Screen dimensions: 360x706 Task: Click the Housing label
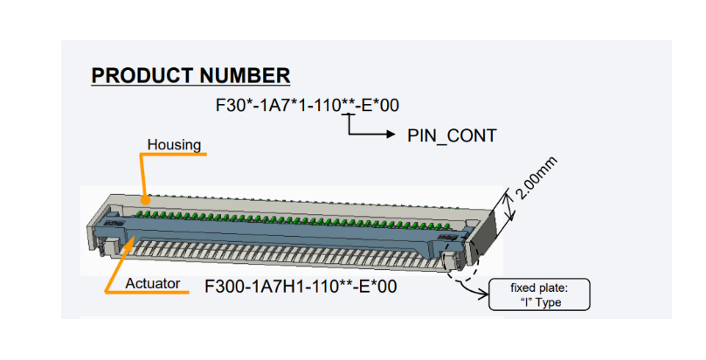174,144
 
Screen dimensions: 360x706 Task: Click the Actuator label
152,283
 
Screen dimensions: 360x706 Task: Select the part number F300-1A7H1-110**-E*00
300,285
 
